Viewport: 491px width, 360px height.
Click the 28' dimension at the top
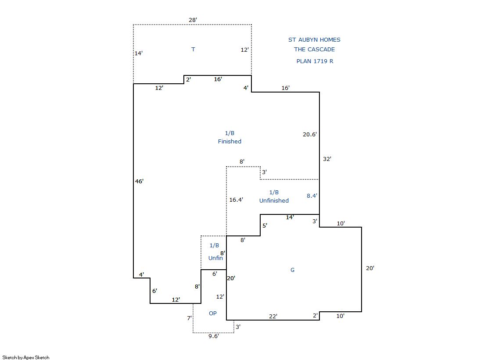click(x=193, y=20)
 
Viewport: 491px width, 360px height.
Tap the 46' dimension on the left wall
click(x=140, y=181)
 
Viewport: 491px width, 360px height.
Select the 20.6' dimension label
click(x=310, y=134)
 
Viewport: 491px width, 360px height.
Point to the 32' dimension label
click(x=327, y=159)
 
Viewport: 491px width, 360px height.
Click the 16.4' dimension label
click(x=236, y=200)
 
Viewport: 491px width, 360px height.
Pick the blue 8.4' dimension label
click(x=312, y=196)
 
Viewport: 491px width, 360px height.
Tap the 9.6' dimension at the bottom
click(x=214, y=336)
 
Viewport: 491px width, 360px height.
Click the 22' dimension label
click(x=273, y=317)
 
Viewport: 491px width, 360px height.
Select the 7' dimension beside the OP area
click(x=190, y=318)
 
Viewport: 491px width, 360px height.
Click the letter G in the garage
click(x=293, y=270)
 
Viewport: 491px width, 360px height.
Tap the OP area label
click(x=213, y=314)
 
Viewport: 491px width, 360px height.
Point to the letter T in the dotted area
click(x=193, y=50)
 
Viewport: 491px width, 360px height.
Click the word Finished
click(x=229, y=142)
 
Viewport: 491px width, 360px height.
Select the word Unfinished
click(x=274, y=201)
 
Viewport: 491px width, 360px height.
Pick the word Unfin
click(x=216, y=258)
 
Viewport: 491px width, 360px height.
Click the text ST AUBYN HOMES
click(x=315, y=40)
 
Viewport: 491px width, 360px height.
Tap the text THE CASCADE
click(x=315, y=50)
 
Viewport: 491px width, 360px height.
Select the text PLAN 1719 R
click(x=315, y=61)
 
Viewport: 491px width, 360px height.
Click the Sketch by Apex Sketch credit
click(x=26, y=357)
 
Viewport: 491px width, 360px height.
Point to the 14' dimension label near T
click(x=139, y=53)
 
